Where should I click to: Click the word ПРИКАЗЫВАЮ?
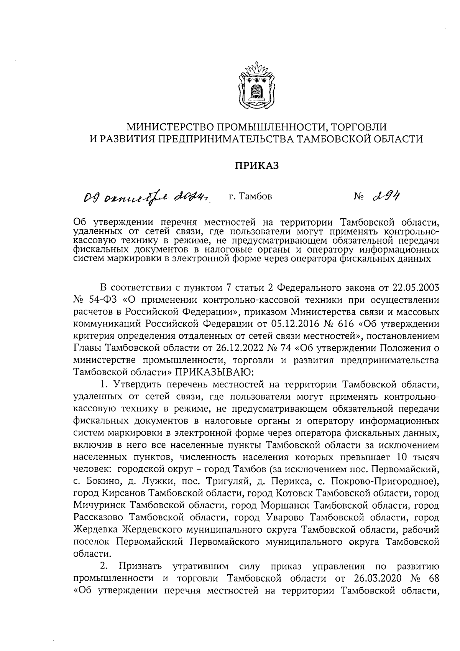[x=213, y=372]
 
